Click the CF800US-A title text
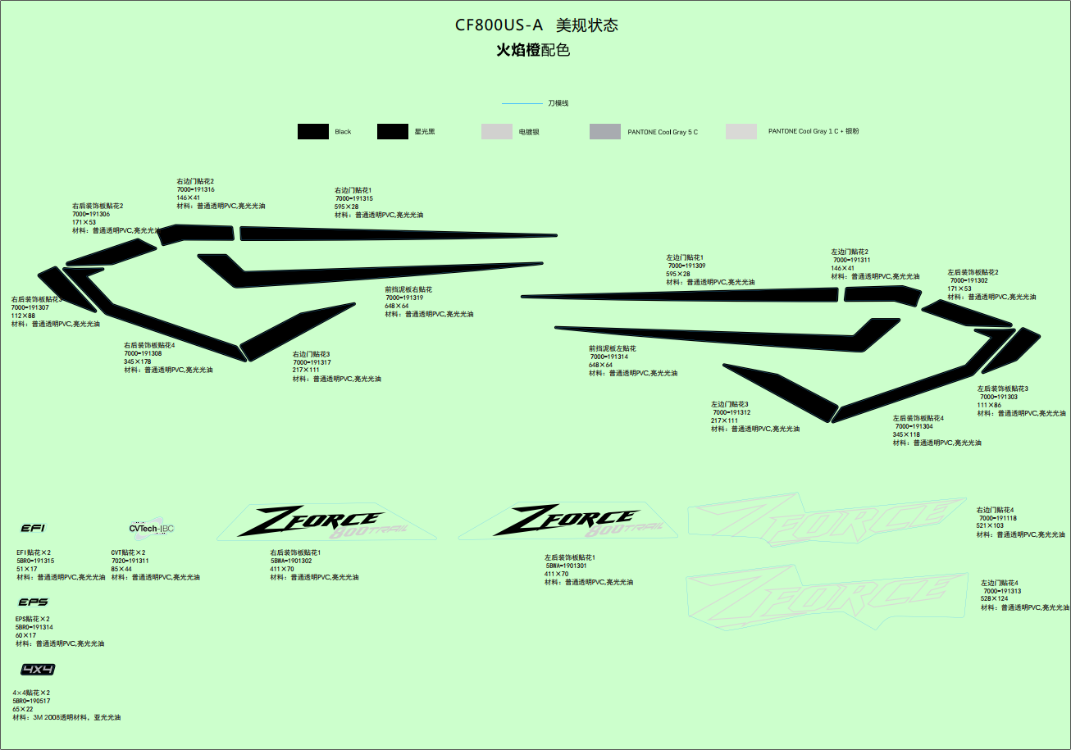point(499,25)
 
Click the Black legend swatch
point(312,131)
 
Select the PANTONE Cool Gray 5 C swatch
point(605,131)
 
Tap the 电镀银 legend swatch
point(496,131)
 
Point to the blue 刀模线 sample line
point(522,104)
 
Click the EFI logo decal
point(33,528)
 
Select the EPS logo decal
point(33,602)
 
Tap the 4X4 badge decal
point(38,670)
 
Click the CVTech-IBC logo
point(152,528)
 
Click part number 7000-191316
point(196,189)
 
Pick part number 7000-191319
point(404,298)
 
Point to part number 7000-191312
point(731,412)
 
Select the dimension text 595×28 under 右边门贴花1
point(346,207)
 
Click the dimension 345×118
point(906,434)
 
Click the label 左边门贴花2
point(850,252)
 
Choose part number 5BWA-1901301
point(566,566)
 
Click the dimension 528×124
point(994,599)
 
